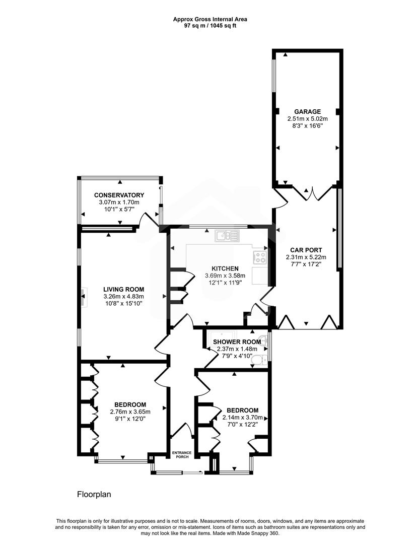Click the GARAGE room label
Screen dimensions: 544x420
tap(307, 111)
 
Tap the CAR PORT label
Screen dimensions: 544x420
tap(306, 250)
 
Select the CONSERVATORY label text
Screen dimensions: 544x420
tap(119, 195)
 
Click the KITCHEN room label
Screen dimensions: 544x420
tap(225, 268)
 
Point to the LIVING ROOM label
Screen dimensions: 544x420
tap(124, 290)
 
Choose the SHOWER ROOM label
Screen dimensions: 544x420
tap(237, 342)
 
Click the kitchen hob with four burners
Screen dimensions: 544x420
tap(259, 257)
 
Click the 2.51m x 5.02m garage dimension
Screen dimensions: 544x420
tap(307, 119)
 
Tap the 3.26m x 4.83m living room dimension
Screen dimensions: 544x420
tap(124, 297)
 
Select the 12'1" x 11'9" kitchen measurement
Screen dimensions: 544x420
tap(225, 283)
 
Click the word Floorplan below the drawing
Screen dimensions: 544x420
tap(94, 495)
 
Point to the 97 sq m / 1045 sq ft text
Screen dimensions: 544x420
tap(210, 26)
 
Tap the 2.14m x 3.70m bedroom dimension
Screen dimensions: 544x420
tap(243, 418)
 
